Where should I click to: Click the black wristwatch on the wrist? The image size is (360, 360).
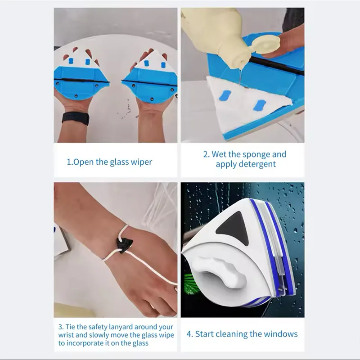(x=76, y=118)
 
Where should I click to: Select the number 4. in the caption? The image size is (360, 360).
(x=189, y=334)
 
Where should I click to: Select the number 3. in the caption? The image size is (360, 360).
(x=61, y=327)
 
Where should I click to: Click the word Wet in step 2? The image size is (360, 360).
(x=219, y=154)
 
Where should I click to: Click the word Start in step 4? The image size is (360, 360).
(x=205, y=334)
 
